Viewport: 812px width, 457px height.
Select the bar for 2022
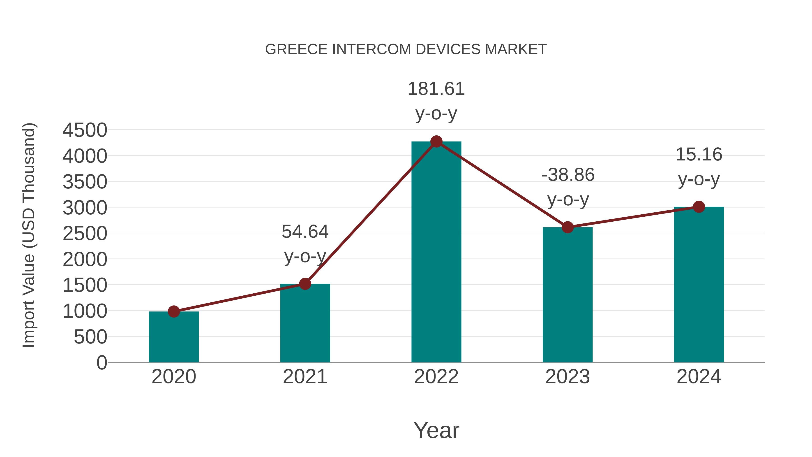[436, 252]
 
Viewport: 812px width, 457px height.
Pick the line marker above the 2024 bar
[699, 207]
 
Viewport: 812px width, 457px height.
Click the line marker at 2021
[305, 284]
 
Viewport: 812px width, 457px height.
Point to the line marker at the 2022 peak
[436, 142]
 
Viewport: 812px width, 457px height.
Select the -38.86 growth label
[568, 175]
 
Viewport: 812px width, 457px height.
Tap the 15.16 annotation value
[699, 155]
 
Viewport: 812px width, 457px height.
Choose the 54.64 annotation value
[305, 232]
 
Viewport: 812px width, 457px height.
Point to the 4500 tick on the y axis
[85, 130]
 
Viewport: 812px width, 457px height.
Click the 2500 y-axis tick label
[85, 234]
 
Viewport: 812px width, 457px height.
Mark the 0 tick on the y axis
[101, 363]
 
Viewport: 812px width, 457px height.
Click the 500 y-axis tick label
[90, 337]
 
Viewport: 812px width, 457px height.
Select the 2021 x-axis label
[305, 377]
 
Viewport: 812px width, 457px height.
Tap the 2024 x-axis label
[699, 377]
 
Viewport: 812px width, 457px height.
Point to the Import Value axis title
[29, 235]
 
